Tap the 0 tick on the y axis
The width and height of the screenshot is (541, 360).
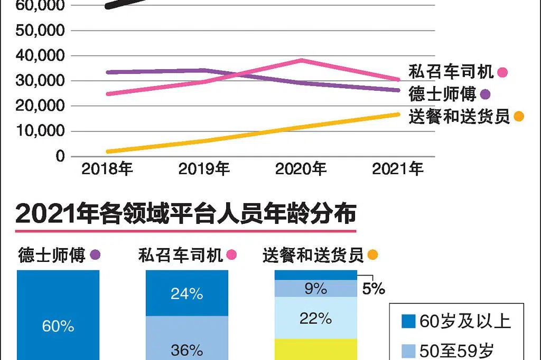pyautogui.click(x=60, y=156)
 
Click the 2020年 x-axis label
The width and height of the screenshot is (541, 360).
pyautogui.click(x=301, y=169)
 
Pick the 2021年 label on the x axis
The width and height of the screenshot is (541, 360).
pyautogui.click(x=398, y=169)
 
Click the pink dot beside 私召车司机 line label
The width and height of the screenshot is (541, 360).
pyautogui.click(x=502, y=73)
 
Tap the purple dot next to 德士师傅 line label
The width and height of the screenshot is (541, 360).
pyautogui.click(x=485, y=95)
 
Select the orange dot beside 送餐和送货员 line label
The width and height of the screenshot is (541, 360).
pyautogui.click(x=519, y=117)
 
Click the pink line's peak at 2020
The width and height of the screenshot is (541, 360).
pyautogui.click(x=301, y=60)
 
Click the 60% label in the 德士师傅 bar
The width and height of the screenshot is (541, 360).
pyautogui.click(x=58, y=326)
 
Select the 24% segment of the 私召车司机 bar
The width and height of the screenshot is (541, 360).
pyautogui.click(x=187, y=293)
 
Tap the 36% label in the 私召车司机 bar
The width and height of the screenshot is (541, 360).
pyautogui.click(x=187, y=349)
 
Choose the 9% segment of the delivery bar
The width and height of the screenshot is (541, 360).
pyautogui.click(x=316, y=289)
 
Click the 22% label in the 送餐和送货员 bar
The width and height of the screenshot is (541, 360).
pyautogui.click(x=316, y=318)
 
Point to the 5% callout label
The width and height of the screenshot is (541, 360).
pyautogui.click(x=374, y=289)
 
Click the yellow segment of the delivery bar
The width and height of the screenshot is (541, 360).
pyautogui.click(x=316, y=349)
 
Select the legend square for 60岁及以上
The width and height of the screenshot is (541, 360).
pyautogui.click(x=408, y=321)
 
